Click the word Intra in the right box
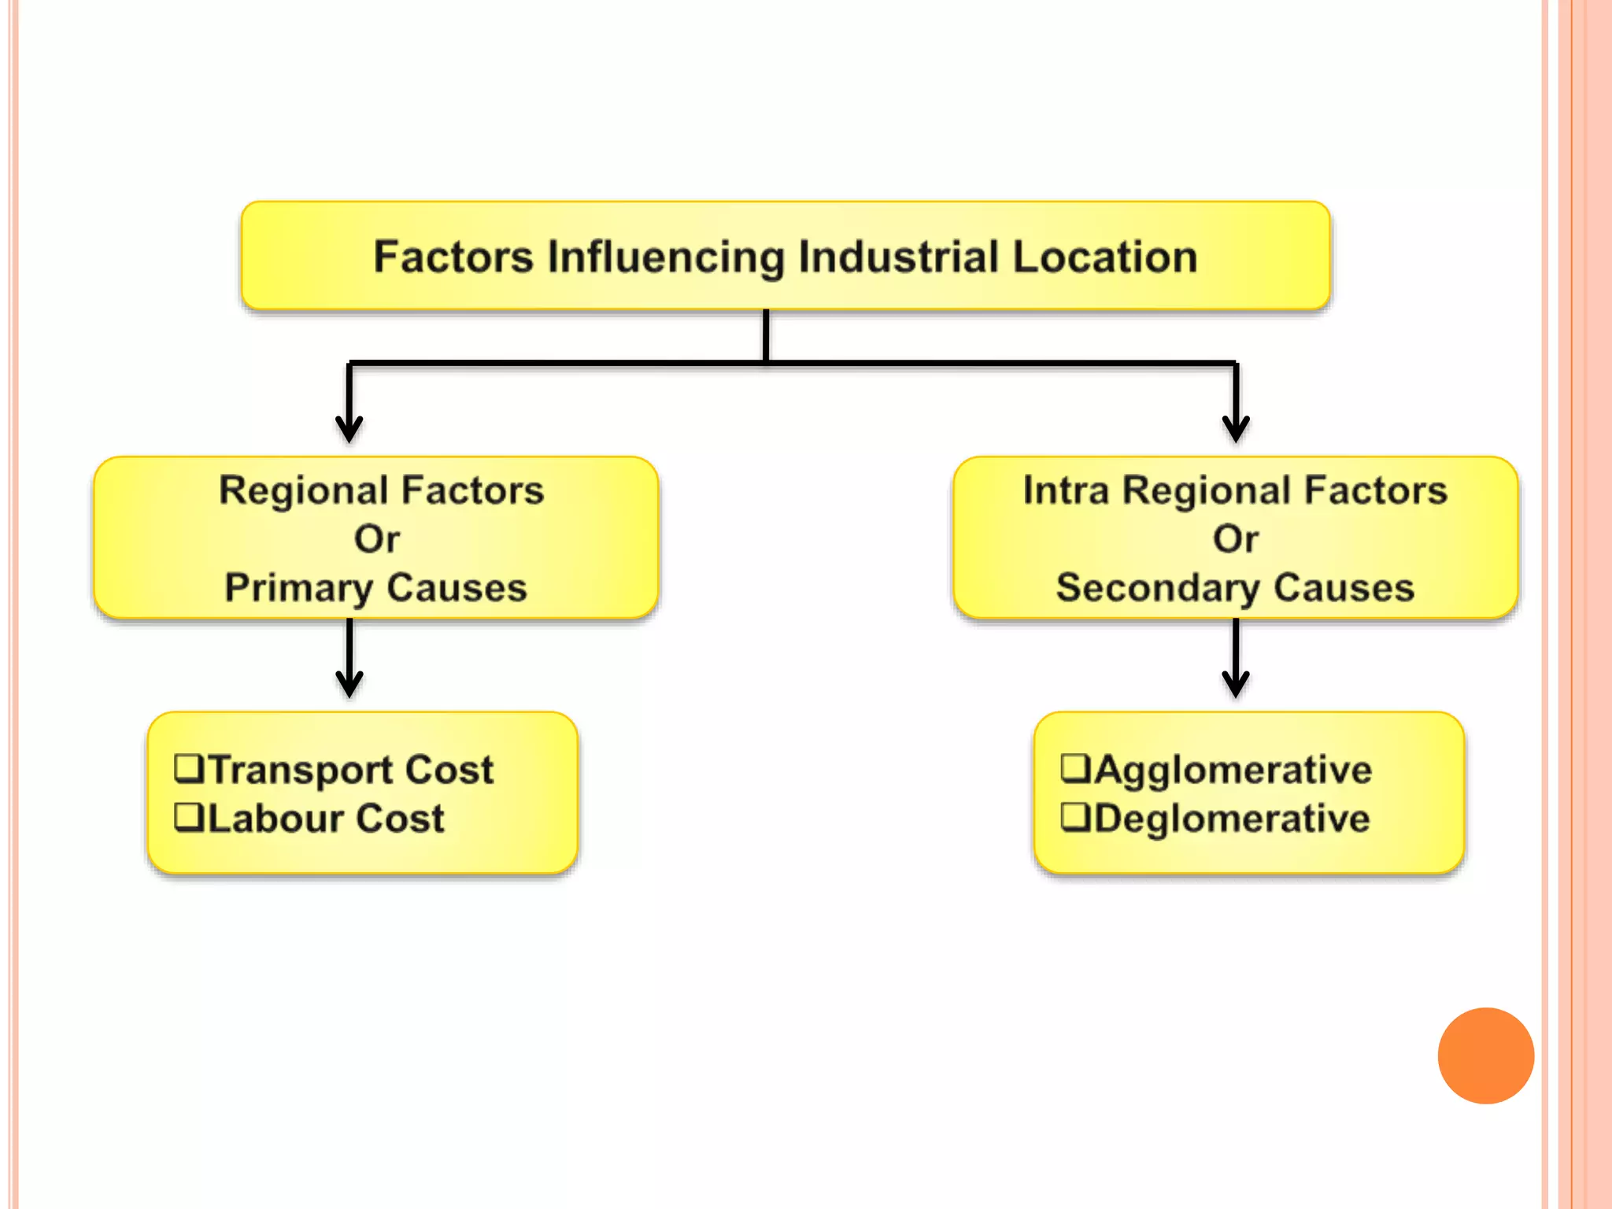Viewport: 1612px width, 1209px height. [x=1065, y=490]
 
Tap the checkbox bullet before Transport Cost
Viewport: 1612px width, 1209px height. [x=189, y=768]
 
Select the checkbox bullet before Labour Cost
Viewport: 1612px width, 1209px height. [x=189, y=817]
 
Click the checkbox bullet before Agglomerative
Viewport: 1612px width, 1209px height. [x=1075, y=767]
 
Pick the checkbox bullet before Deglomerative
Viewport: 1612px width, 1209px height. [x=1075, y=816]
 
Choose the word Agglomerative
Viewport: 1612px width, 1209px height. [x=1233, y=770]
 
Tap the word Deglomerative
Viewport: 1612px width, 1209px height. [x=1232, y=819]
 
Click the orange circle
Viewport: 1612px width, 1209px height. [x=1485, y=1056]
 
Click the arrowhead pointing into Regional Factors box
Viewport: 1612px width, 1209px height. [x=349, y=430]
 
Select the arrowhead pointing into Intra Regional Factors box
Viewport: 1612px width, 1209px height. [x=1236, y=430]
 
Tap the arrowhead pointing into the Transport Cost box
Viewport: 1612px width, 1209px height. [x=349, y=685]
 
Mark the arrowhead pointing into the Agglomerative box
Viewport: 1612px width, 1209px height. [x=1236, y=685]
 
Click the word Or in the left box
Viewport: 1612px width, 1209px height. [x=376, y=539]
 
